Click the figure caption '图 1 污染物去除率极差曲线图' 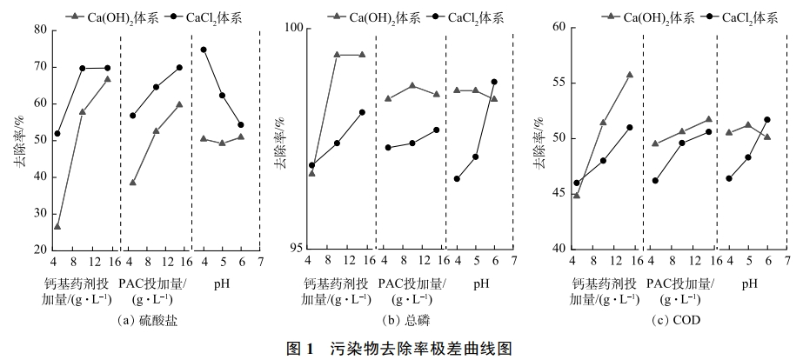pos(400,349)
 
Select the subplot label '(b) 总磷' pos(412,320)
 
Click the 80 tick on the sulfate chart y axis pos(40,30)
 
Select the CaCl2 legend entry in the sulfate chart pos(196,15)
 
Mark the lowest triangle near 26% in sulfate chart pos(57,226)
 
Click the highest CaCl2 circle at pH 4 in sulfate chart pos(204,50)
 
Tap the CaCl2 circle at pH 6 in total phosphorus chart pos(494,82)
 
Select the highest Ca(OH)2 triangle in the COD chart pos(629,75)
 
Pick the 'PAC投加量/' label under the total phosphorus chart pos(412,284)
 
